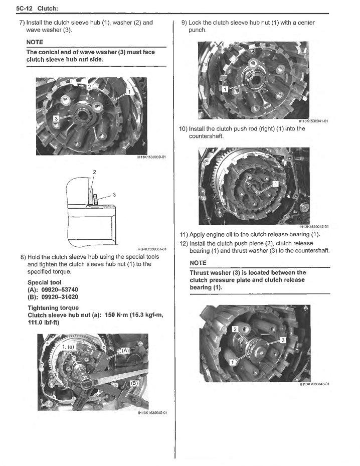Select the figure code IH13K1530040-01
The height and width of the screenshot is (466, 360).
coord(152,413)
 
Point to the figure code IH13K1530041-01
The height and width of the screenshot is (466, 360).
coord(313,120)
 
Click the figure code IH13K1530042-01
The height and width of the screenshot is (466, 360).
coord(313,227)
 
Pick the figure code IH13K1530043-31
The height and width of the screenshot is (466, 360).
coord(314,384)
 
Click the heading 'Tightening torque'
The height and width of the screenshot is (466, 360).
coord(53,307)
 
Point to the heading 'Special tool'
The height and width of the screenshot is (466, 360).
coord(44,282)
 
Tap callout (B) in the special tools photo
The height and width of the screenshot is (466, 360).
coord(134,383)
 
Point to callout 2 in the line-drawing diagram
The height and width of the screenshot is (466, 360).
coord(94,172)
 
